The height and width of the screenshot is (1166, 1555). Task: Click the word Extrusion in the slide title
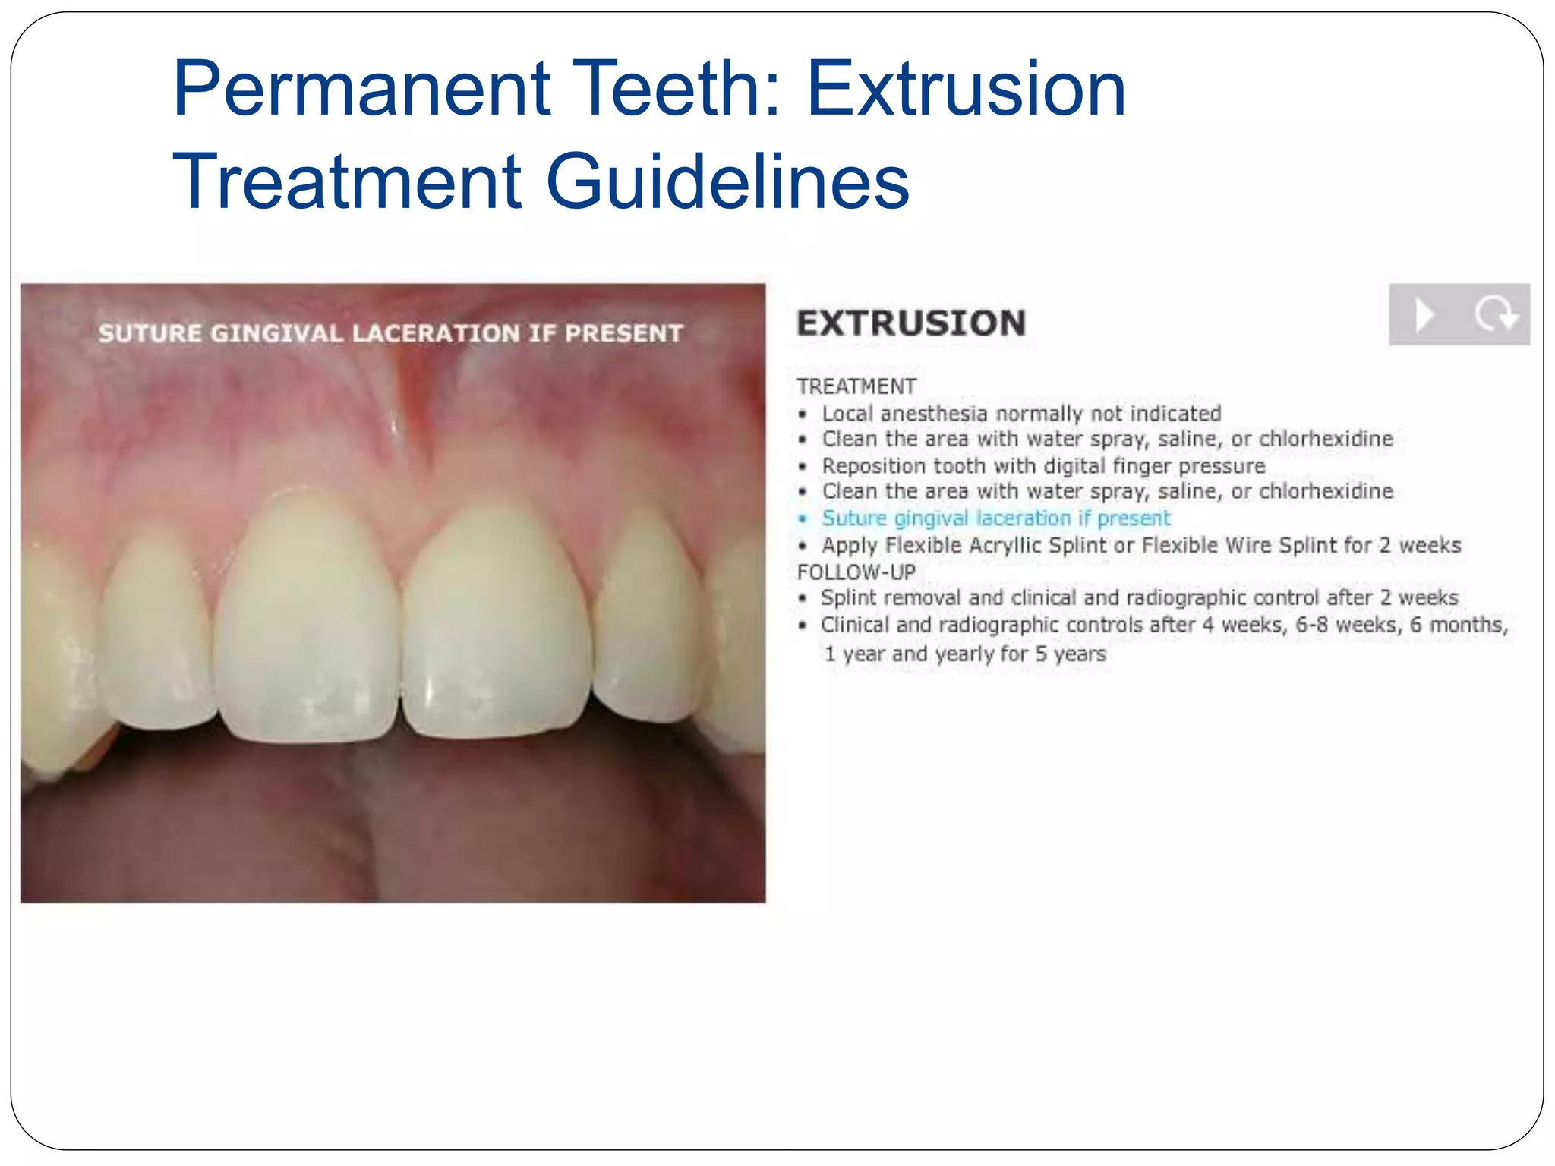pos(966,90)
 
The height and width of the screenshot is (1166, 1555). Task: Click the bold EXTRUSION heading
pos(911,323)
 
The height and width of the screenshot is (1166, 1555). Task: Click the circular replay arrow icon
pos(1495,314)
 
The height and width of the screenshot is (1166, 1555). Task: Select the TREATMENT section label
pos(856,386)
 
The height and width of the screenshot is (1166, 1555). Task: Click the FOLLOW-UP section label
pos(856,572)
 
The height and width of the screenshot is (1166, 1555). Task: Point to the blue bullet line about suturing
pos(995,518)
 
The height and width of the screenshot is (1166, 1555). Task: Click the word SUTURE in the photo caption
pos(150,333)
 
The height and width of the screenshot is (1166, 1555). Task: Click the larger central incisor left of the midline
pos(308,622)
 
